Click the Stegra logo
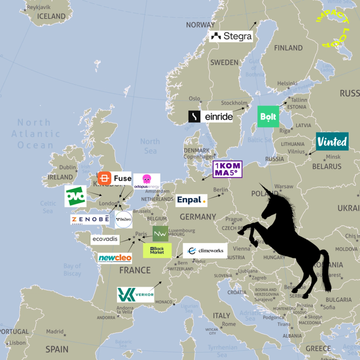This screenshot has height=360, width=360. (231, 36)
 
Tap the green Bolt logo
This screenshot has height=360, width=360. (268, 117)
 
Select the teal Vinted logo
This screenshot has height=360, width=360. (332, 141)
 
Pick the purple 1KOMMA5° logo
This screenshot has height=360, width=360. (227, 169)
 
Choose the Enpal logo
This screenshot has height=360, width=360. (191, 200)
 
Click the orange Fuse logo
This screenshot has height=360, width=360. (114, 179)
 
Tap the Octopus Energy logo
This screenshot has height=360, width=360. (146, 181)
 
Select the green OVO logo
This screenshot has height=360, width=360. (75, 196)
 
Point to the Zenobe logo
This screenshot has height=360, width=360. (90, 219)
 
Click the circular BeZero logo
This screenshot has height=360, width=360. (123, 219)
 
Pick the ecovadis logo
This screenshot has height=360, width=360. (105, 239)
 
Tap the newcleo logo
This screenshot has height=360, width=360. (115, 258)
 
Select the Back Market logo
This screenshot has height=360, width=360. (157, 250)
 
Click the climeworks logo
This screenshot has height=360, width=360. (205, 251)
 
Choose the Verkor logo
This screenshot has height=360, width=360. (135, 294)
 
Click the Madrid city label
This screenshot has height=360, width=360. (54, 332)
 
